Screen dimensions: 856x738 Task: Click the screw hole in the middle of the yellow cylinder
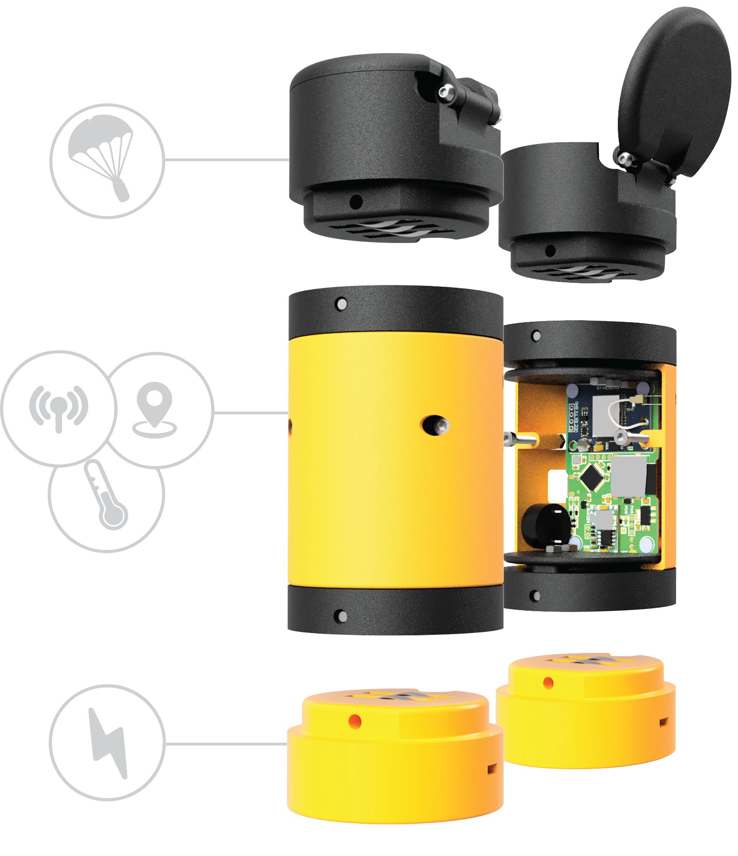click(434, 425)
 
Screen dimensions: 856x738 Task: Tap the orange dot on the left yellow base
click(355, 721)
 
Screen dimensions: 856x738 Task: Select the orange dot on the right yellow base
click(549, 682)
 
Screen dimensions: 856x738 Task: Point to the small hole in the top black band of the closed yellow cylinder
click(342, 304)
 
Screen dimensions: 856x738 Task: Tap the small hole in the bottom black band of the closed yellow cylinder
click(342, 616)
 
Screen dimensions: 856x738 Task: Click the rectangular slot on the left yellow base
click(492, 769)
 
